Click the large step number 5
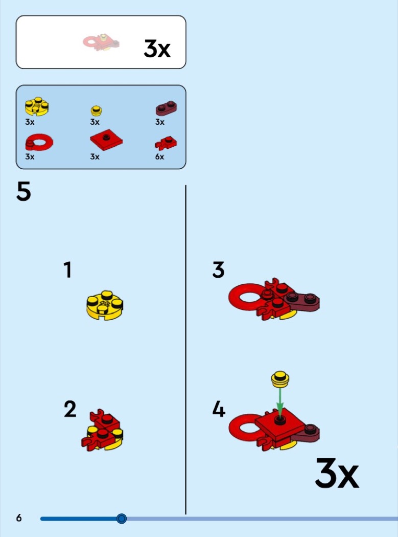(x=24, y=191)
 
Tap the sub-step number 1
(x=68, y=270)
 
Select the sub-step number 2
(x=70, y=409)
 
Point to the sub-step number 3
(x=218, y=270)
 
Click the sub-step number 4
(x=219, y=409)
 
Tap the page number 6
(x=19, y=518)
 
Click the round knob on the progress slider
(x=121, y=519)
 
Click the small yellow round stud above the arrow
(x=280, y=379)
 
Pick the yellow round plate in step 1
(x=105, y=305)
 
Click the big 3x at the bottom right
(x=337, y=473)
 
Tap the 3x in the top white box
(x=157, y=49)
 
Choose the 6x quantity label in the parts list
(x=159, y=157)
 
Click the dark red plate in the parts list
(x=167, y=108)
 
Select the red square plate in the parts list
(x=106, y=140)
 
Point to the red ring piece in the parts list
(x=39, y=142)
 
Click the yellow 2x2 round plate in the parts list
(x=37, y=106)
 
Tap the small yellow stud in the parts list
(x=97, y=111)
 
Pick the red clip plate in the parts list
(x=166, y=143)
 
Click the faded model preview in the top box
(x=101, y=42)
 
